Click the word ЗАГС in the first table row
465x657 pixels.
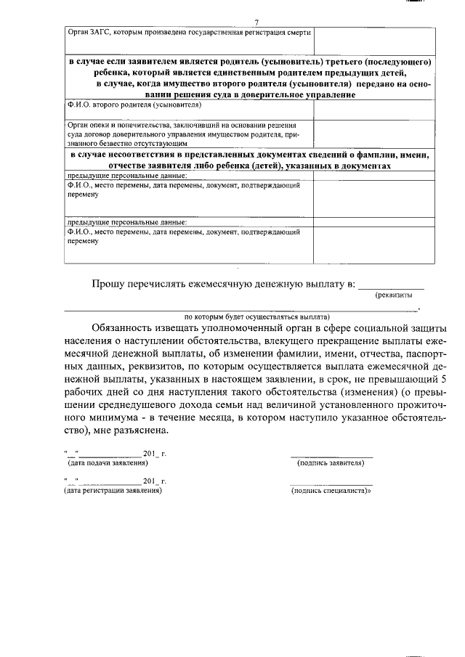(95, 32)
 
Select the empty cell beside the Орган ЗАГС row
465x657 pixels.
(373, 41)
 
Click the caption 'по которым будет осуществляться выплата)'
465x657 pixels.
(256, 317)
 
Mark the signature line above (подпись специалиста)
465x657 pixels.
(331, 484)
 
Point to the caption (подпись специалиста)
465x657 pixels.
(331, 491)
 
